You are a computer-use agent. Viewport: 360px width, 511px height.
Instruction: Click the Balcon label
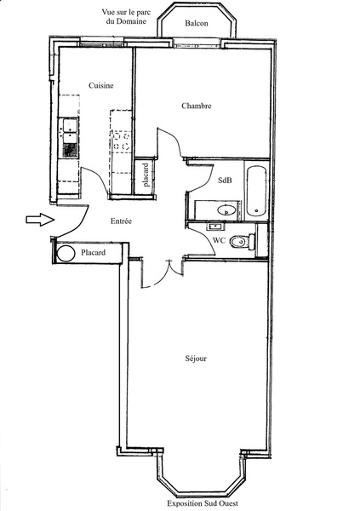pyautogui.click(x=197, y=23)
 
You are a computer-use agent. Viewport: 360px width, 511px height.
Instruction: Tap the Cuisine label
pyautogui.click(x=101, y=85)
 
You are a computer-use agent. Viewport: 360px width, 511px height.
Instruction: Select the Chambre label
pyautogui.click(x=197, y=106)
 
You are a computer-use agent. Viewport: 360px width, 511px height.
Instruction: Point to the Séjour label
pyautogui.click(x=196, y=359)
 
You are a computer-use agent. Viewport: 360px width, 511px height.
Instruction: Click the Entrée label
pyautogui.click(x=121, y=221)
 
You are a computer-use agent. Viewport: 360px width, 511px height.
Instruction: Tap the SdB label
pyautogui.click(x=225, y=180)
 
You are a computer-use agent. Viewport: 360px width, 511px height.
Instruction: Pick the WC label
pyautogui.click(x=220, y=240)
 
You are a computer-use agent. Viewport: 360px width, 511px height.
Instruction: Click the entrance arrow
pyautogui.click(x=40, y=220)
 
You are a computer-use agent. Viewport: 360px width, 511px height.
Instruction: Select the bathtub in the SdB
pyautogui.click(x=256, y=191)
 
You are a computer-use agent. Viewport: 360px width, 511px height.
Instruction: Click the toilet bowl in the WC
pyautogui.click(x=239, y=242)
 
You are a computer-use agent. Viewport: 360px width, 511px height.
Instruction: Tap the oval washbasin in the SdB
pyautogui.click(x=226, y=210)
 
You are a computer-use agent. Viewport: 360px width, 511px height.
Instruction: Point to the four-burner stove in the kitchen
pyautogui.click(x=122, y=141)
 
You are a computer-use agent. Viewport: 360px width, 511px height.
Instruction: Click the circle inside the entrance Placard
pyautogui.click(x=66, y=253)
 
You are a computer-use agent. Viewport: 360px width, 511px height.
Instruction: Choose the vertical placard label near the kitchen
pyautogui.click(x=146, y=175)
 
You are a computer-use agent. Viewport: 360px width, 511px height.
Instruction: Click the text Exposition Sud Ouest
pyautogui.click(x=203, y=503)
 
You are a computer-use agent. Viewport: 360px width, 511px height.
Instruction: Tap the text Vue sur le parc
pyautogui.click(x=126, y=13)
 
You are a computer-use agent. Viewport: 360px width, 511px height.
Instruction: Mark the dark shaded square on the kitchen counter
pyautogui.click(x=71, y=151)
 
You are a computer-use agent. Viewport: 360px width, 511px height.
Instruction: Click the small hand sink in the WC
pyautogui.click(x=215, y=226)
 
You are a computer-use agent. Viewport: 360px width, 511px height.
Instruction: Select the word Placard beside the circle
pyautogui.click(x=93, y=252)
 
